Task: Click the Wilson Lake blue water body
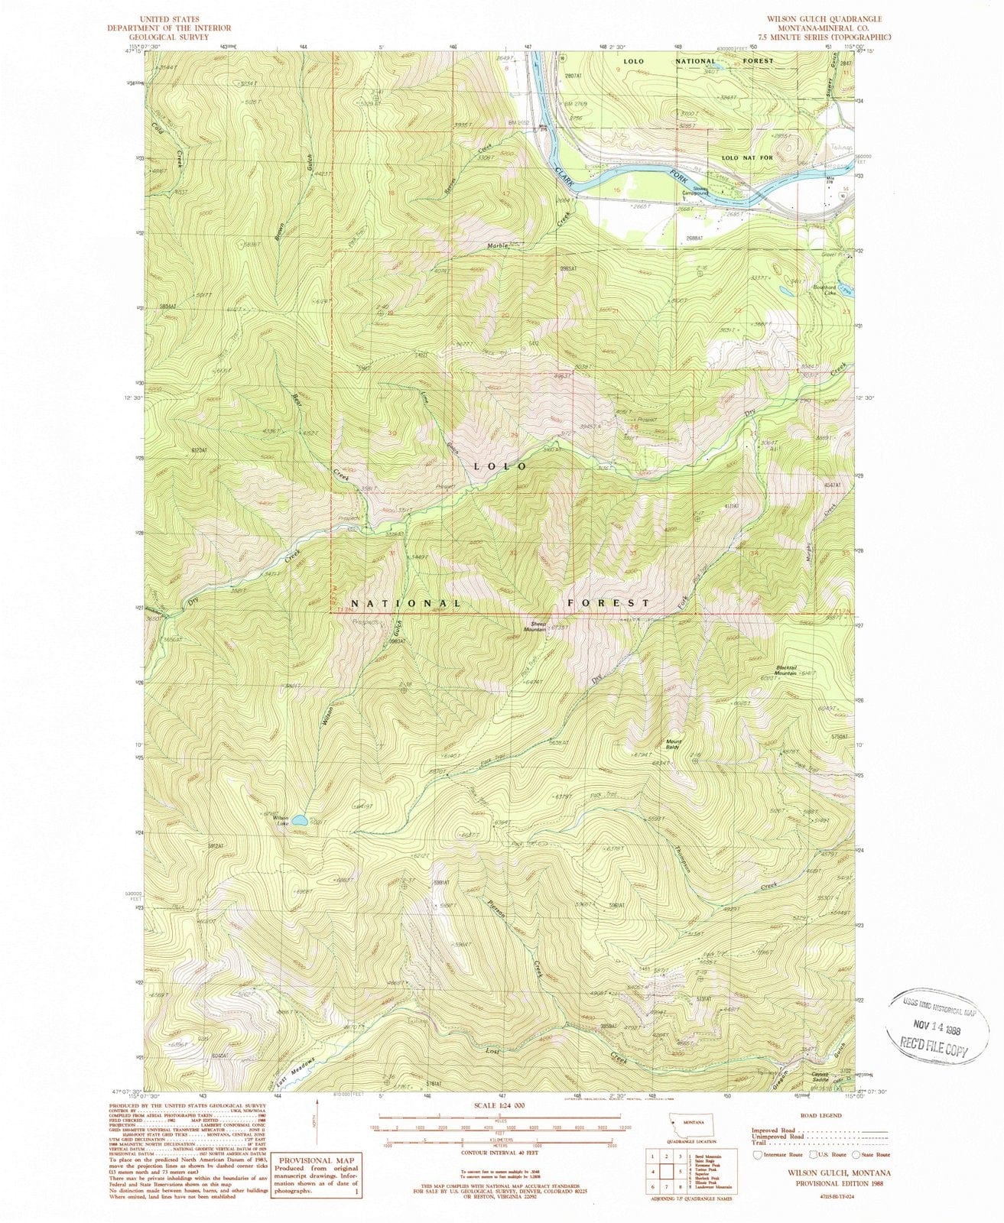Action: [x=300, y=820]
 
